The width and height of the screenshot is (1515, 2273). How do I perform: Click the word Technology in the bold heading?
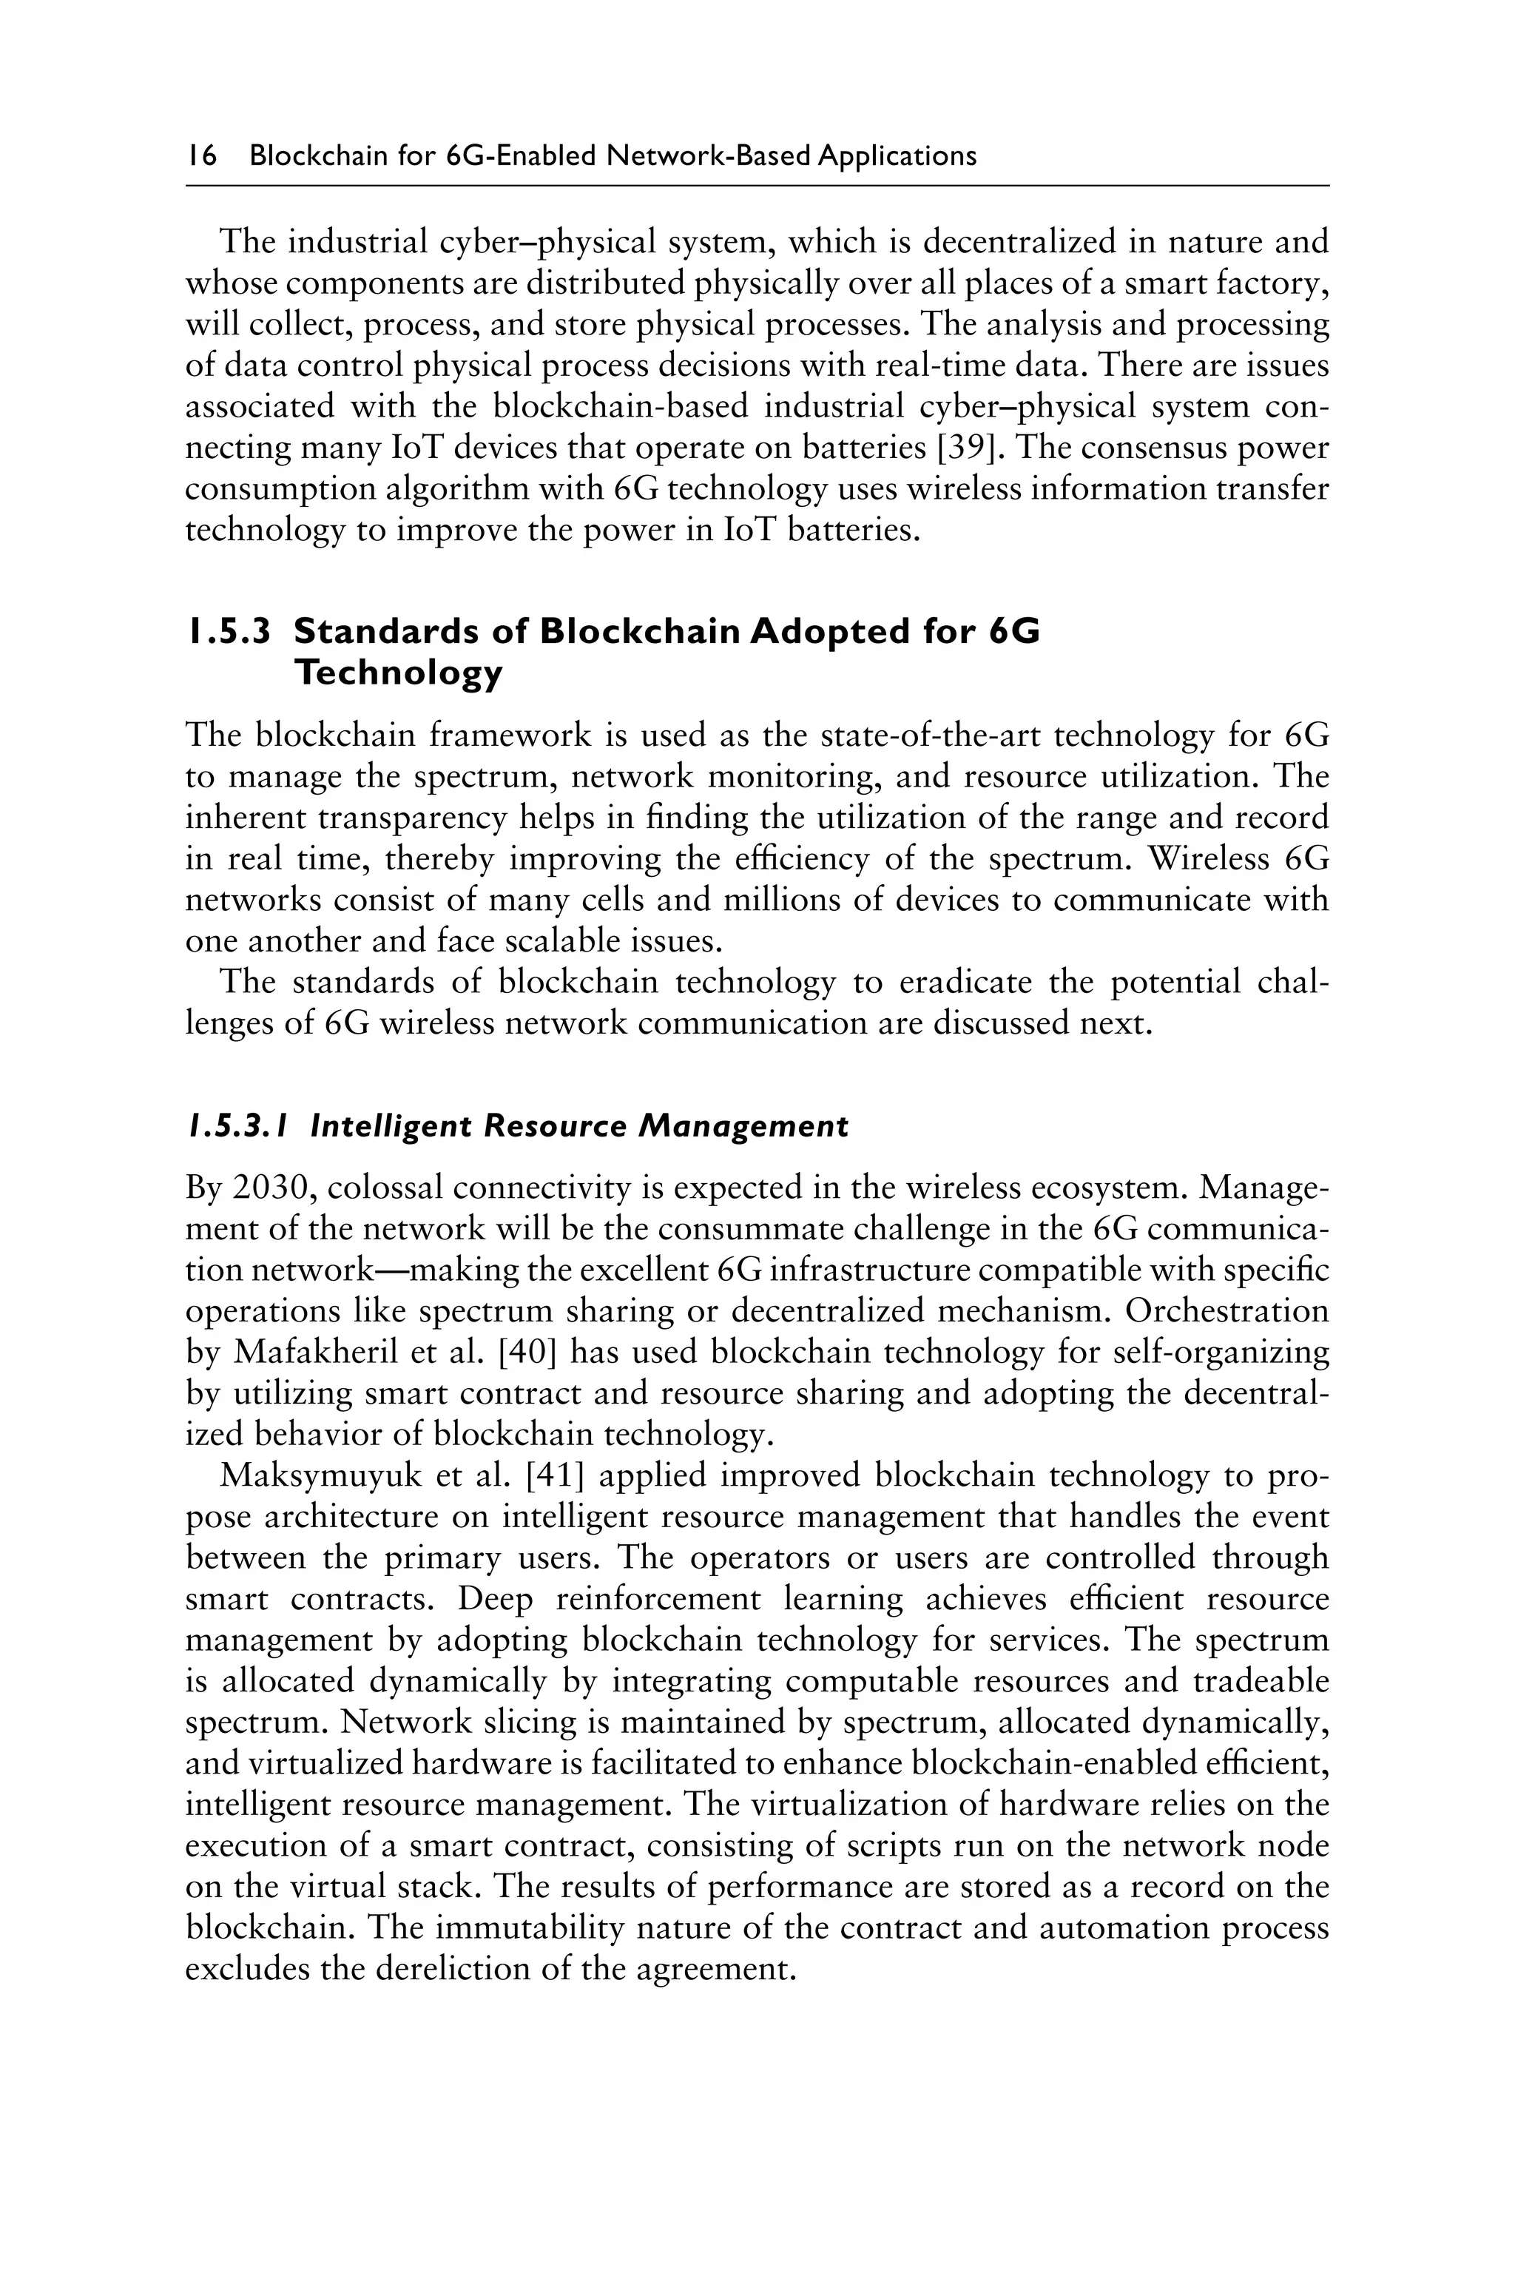click(398, 673)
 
